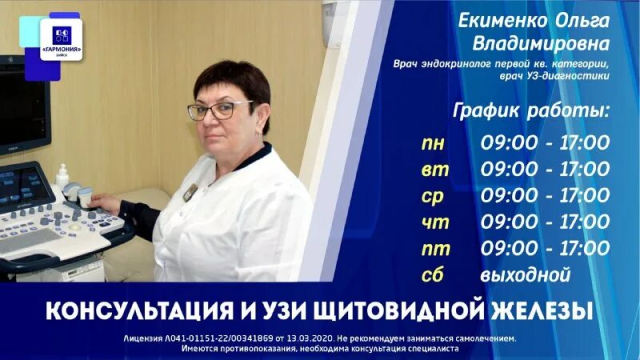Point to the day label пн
[433, 144]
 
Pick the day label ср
[432, 196]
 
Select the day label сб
[432, 274]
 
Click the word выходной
[526, 275]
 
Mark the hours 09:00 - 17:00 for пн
[545, 144]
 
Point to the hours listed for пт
[545, 248]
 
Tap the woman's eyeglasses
[232, 110]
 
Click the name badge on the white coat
[191, 192]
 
